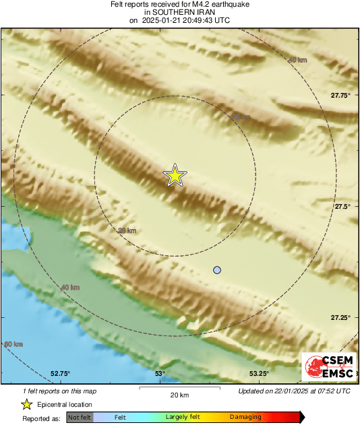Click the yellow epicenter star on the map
tap(175, 175)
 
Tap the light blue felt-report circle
tap(217, 270)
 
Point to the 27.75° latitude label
tap(339, 96)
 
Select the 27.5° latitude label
tap(341, 207)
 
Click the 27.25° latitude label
tap(339, 317)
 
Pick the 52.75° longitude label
tap(60, 374)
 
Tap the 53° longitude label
tap(160, 374)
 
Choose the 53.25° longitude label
tap(259, 374)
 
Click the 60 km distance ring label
tap(13, 344)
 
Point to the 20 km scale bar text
tap(179, 395)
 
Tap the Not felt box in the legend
tap(80, 418)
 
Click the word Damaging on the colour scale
tap(245, 418)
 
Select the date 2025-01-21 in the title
tap(160, 20)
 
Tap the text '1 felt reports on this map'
tap(59, 391)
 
